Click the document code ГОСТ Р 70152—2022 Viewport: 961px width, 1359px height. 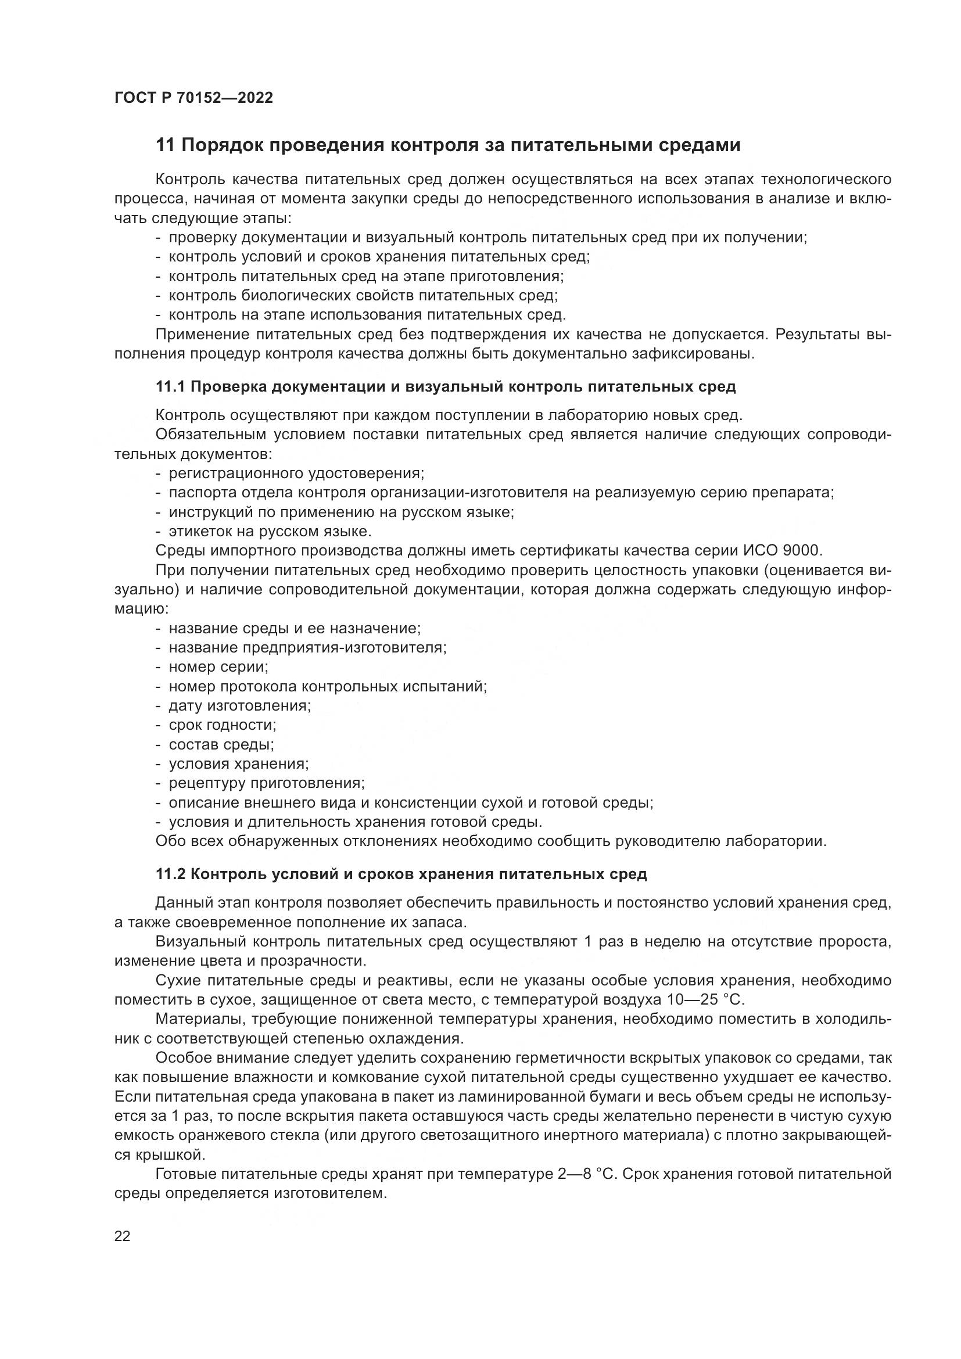click(193, 98)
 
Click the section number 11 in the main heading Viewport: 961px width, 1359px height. click(165, 145)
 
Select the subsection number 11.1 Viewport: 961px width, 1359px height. click(170, 387)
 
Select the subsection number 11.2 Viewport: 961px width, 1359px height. click(170, 874)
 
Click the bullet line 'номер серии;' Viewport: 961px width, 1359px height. click(218, 667)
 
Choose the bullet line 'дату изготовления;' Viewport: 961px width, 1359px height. click(239, 705)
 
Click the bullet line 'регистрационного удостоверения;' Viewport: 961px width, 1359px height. click(296, 474)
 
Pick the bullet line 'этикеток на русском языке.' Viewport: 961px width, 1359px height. click(270, 532)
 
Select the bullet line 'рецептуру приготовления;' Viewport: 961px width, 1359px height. click(266, 783)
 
